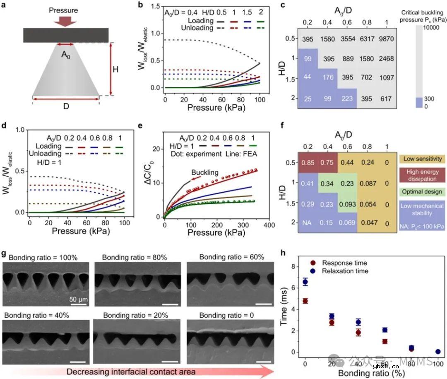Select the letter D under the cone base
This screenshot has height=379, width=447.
click(x=66, y=106)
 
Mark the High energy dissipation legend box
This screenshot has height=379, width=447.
click(x=421, y=175)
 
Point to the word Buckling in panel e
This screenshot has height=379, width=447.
click(x=216, y=172)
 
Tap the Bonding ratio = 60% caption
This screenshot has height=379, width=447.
click(x=232, y=257)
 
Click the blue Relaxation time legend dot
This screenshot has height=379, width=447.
click(x=314, y=271)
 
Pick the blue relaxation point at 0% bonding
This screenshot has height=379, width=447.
click(x=305, y=282)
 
